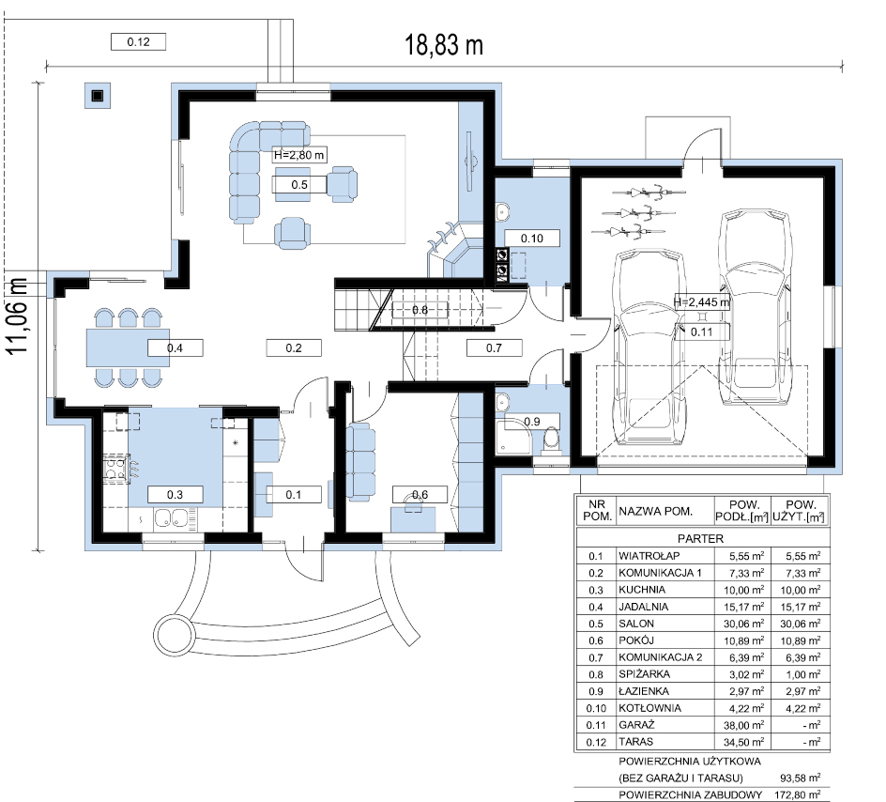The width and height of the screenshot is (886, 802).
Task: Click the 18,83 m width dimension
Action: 444,45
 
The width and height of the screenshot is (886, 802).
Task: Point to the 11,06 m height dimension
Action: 18,316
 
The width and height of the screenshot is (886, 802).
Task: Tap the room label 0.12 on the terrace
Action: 138,42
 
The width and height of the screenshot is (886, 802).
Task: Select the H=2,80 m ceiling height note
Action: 298,155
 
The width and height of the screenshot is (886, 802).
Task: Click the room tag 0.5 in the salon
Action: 299,185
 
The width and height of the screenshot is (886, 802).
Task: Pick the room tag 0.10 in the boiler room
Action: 532,238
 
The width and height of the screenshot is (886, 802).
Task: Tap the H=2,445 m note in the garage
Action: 701,302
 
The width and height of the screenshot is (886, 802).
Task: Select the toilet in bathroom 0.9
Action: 550,440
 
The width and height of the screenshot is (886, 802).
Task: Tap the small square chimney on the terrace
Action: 98,96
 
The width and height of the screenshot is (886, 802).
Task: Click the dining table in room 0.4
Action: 128,348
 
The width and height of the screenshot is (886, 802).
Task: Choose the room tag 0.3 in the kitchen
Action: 175,495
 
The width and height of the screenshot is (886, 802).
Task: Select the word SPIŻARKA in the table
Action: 644,674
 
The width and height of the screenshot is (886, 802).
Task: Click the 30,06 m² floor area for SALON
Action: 746,624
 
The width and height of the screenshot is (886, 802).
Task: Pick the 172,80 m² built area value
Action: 797,794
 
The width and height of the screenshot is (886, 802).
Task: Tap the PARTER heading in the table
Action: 701,539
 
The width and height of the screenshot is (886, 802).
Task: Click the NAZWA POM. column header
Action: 655,512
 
